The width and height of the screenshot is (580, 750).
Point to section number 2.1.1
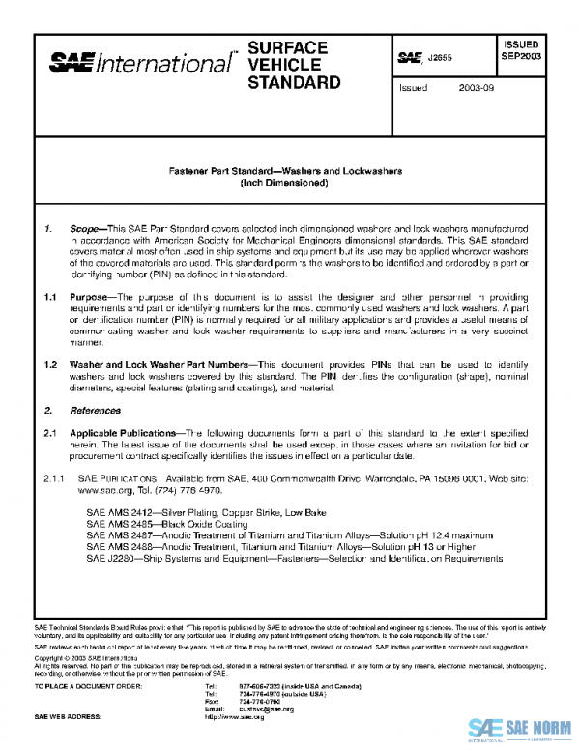pos(51,478)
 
